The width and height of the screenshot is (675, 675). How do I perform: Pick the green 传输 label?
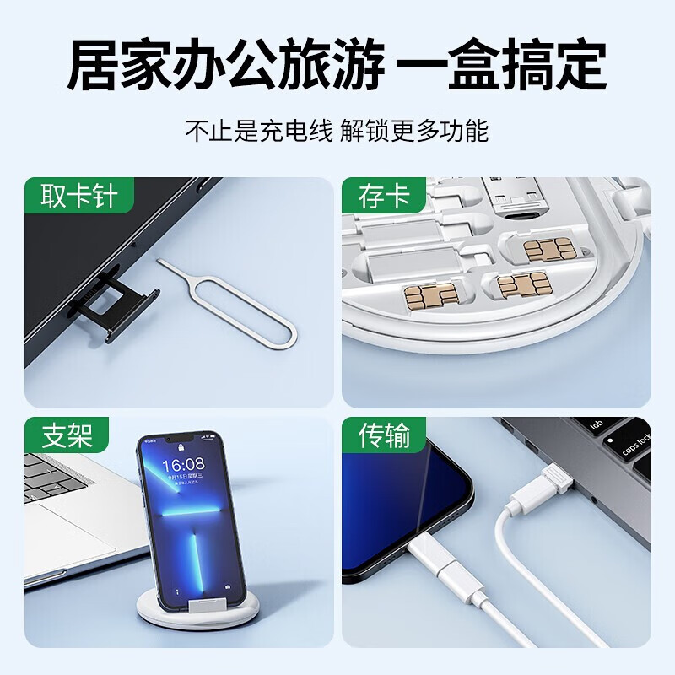(385, 436)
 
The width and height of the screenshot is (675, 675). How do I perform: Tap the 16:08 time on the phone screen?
(183, 465)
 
